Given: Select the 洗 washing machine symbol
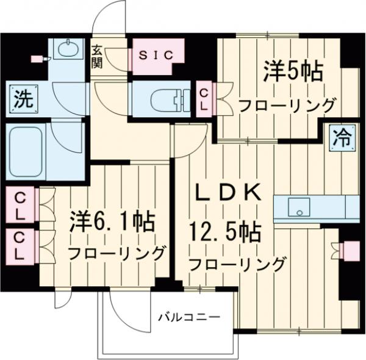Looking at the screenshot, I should (x=21, y=98).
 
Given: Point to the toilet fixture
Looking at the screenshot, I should (x=167, y=98).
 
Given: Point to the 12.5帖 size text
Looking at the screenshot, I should (x=228, y=232).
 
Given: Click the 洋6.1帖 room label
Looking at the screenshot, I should (x=110, y=221).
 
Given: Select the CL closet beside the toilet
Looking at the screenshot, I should (x=206, y=98).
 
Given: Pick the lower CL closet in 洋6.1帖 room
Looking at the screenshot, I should (x=21, y=245).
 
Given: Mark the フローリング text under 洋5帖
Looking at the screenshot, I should (x=287, y=104).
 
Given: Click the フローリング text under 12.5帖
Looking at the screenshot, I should (x=237, y=265).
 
